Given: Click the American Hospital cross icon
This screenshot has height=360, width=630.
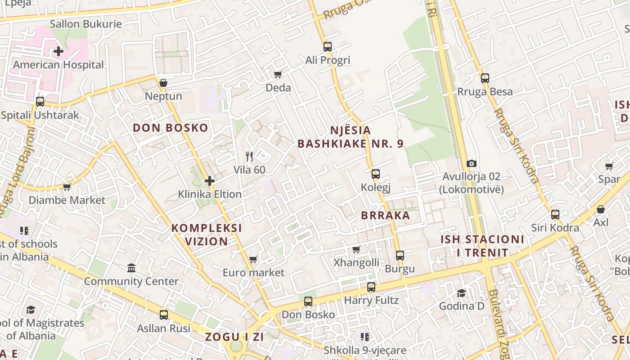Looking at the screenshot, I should [58, 51].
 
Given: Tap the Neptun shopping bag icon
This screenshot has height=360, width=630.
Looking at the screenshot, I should [163, 83].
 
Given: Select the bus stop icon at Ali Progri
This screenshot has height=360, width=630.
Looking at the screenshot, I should [327, 46].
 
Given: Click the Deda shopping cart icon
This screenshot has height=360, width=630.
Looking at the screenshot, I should [278, 74].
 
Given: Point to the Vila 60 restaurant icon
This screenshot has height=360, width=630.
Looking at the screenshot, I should [249, 157].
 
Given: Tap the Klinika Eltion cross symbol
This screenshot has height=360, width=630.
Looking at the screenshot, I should [210, 181].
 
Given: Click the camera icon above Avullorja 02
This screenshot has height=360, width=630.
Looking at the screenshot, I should [471, 163].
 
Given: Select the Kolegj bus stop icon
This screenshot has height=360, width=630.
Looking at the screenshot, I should [375, 174].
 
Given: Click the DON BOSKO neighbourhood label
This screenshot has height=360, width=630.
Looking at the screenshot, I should [171, 128].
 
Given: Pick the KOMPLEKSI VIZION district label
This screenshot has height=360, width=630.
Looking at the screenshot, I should [207, 234].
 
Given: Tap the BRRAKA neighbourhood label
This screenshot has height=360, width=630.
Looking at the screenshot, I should [386, 215].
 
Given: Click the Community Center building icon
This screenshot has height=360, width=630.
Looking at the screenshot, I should [131, 268].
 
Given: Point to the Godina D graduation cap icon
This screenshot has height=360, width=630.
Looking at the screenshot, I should [461, 293].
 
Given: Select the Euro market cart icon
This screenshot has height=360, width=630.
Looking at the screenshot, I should [253, 259].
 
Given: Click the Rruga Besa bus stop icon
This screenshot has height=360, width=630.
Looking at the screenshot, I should [485, 78].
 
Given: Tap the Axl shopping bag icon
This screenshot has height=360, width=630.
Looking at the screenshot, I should [600, 209].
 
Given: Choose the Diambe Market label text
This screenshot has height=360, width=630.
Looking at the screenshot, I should [67, 200].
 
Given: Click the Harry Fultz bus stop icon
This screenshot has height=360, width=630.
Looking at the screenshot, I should [371, 287].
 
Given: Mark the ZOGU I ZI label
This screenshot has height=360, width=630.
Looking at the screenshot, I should [234, 337].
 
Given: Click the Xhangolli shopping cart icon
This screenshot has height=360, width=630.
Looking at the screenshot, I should [356, 249].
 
